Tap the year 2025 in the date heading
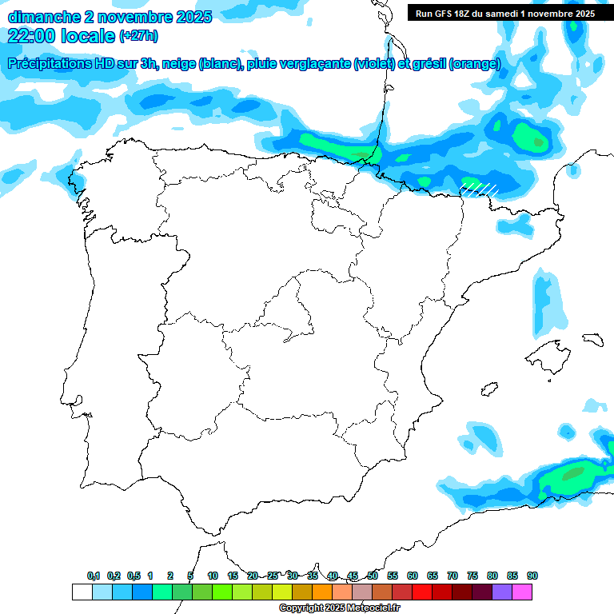click(189, 17)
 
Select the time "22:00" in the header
click(32, 35)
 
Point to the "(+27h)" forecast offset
click(138, 35)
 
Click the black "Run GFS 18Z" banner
click(504, 14)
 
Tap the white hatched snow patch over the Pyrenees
click(479, 189)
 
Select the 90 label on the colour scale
click(532, 576)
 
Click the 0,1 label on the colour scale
click(94, 576)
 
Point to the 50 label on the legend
click(373, 576)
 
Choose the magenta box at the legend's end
click(522, 592)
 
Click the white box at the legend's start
click(82, 592)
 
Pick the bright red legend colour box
click(422, 592)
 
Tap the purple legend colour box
click(502, 592)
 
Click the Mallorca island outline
click(551, 350)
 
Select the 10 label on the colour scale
click(213, 576)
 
